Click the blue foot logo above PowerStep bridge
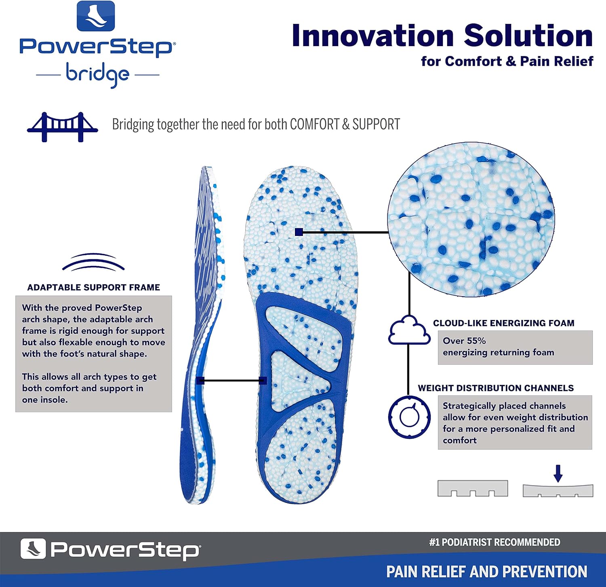point(96,16)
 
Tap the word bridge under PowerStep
point(97,74)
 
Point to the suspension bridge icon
point(62,127)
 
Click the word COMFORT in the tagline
point(315,124)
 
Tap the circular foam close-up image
point(471,219)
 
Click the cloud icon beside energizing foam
point(409,330)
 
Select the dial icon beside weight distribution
point(409,417)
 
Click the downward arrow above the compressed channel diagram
point(558,473)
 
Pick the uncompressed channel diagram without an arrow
point(473,488)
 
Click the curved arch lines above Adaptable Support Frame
point(93,262)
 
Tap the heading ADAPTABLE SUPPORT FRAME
point(94,287)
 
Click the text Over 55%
point(464,341)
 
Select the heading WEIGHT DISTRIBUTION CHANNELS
point(496,388)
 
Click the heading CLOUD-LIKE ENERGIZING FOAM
point(504,323)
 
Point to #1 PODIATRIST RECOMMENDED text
point(494,542)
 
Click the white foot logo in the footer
point(33,549)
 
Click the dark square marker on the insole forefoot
point(299,232)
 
